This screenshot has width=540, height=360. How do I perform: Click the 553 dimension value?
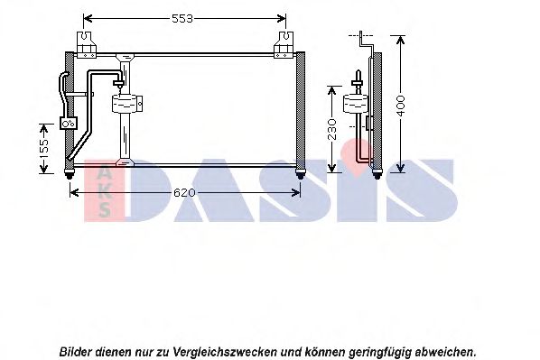tap(182, 19)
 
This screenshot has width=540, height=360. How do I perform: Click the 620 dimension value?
tap(184, 193)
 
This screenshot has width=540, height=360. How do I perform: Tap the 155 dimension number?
tap(44, 148)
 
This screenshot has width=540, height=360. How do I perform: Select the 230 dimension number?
tap(332, 129)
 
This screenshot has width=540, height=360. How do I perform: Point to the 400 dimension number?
tap(401, 106)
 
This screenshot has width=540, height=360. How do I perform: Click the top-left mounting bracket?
tap(86, 45)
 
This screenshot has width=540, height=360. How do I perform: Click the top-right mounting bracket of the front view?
tap(284, 45)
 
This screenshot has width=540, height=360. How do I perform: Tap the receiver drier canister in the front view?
tap(126, 104)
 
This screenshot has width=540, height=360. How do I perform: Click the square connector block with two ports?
tap(69, 123)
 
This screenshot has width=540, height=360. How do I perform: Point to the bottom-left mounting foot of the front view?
tap(70, 174)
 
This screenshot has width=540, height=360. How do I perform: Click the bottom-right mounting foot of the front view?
tap(301, 174)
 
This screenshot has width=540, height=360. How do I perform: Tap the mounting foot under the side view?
tap(377, 174)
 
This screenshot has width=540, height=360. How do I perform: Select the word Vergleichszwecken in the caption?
tap(225, 352)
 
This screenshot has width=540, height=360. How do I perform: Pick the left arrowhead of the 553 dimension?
tap(88, 18)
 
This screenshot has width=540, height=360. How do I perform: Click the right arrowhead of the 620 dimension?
tap(296, 192)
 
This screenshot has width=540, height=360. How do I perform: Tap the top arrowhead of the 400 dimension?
tap(401, 40)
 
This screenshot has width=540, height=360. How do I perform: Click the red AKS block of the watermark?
tap(104, 189)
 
